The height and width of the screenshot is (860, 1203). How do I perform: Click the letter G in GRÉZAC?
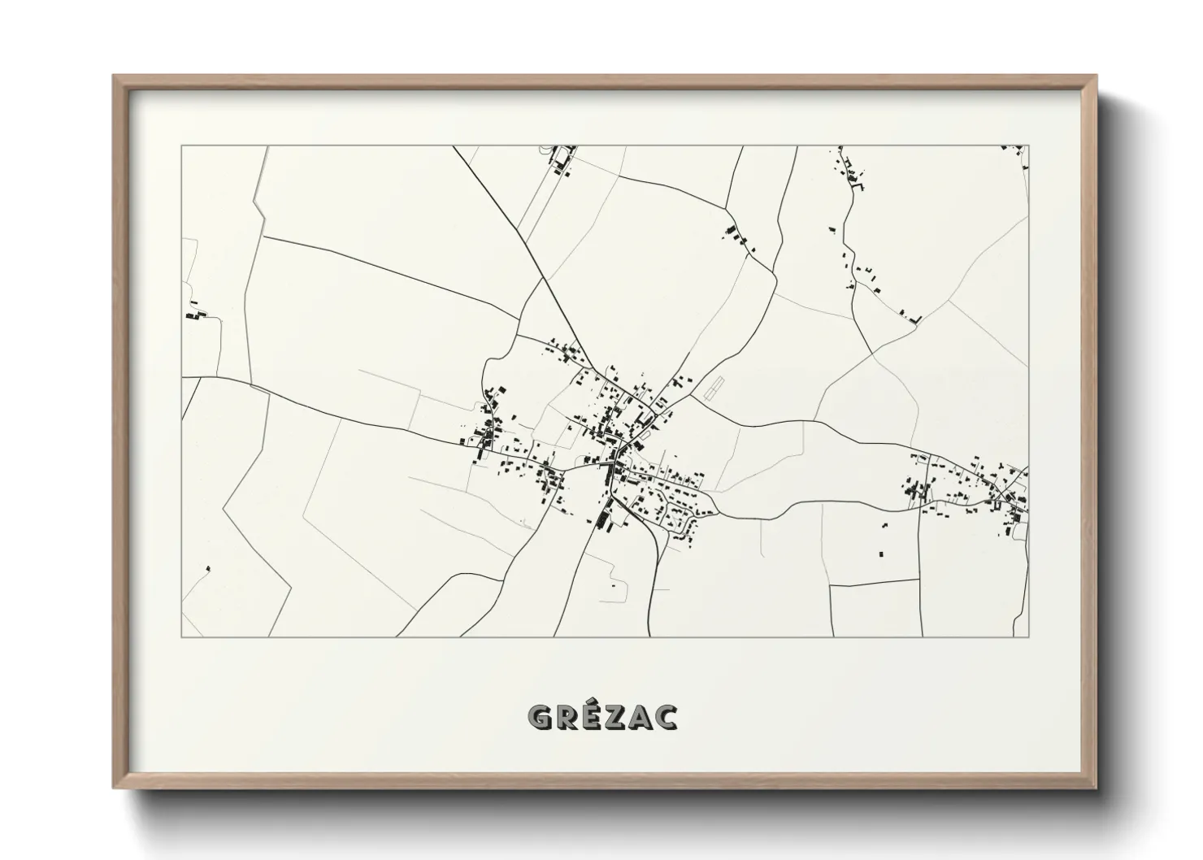tap(541, 716)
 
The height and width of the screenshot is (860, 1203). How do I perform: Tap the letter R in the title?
tap(568, 716)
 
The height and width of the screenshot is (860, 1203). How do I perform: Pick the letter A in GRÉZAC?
tap(642, 716)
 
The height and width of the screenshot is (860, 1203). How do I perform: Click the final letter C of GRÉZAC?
tap(667, 716)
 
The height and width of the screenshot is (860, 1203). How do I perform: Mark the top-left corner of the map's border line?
tap(181, 146)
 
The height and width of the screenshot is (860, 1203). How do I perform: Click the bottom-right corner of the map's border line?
tap(1028, 636)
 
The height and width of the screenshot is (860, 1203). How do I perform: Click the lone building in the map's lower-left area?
tap(208, 568)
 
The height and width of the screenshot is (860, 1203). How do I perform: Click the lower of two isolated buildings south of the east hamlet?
tap(880, 554)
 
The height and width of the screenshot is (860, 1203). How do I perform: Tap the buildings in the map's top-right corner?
tap(1016, 150)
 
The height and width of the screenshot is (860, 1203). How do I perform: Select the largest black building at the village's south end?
tap(604, 518)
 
